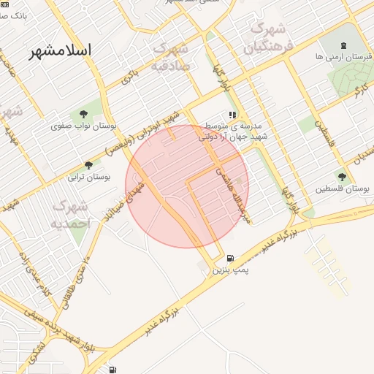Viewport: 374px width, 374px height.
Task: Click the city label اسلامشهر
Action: click(x=61, y=50)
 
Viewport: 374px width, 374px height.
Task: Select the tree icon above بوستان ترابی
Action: click(x=89, y=165)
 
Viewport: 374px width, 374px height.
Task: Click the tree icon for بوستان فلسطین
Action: click(x=342, y=176)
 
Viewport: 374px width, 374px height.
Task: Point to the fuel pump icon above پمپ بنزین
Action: click(x=231, y=259)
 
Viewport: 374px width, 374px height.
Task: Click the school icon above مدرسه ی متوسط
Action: click(x=232, y=115)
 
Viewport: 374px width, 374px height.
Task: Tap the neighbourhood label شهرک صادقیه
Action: click(x=172, y=57)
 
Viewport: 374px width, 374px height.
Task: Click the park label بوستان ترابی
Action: click(x=89, y=178)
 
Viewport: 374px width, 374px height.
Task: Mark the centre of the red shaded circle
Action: click(x=187, y=186)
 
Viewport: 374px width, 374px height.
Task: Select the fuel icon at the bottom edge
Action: click(x=111, y=369)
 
